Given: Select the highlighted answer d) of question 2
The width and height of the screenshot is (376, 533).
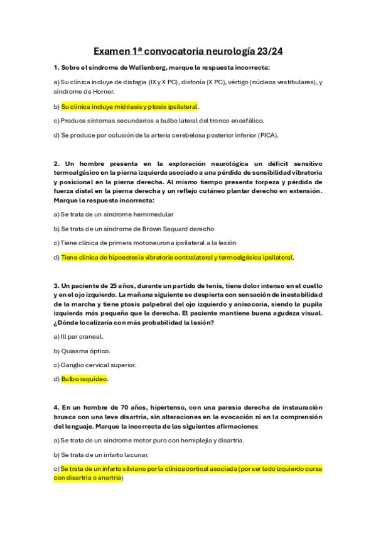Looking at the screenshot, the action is click(x=177, y=257).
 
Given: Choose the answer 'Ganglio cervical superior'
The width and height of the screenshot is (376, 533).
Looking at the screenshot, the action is click(x=99, y=365).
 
